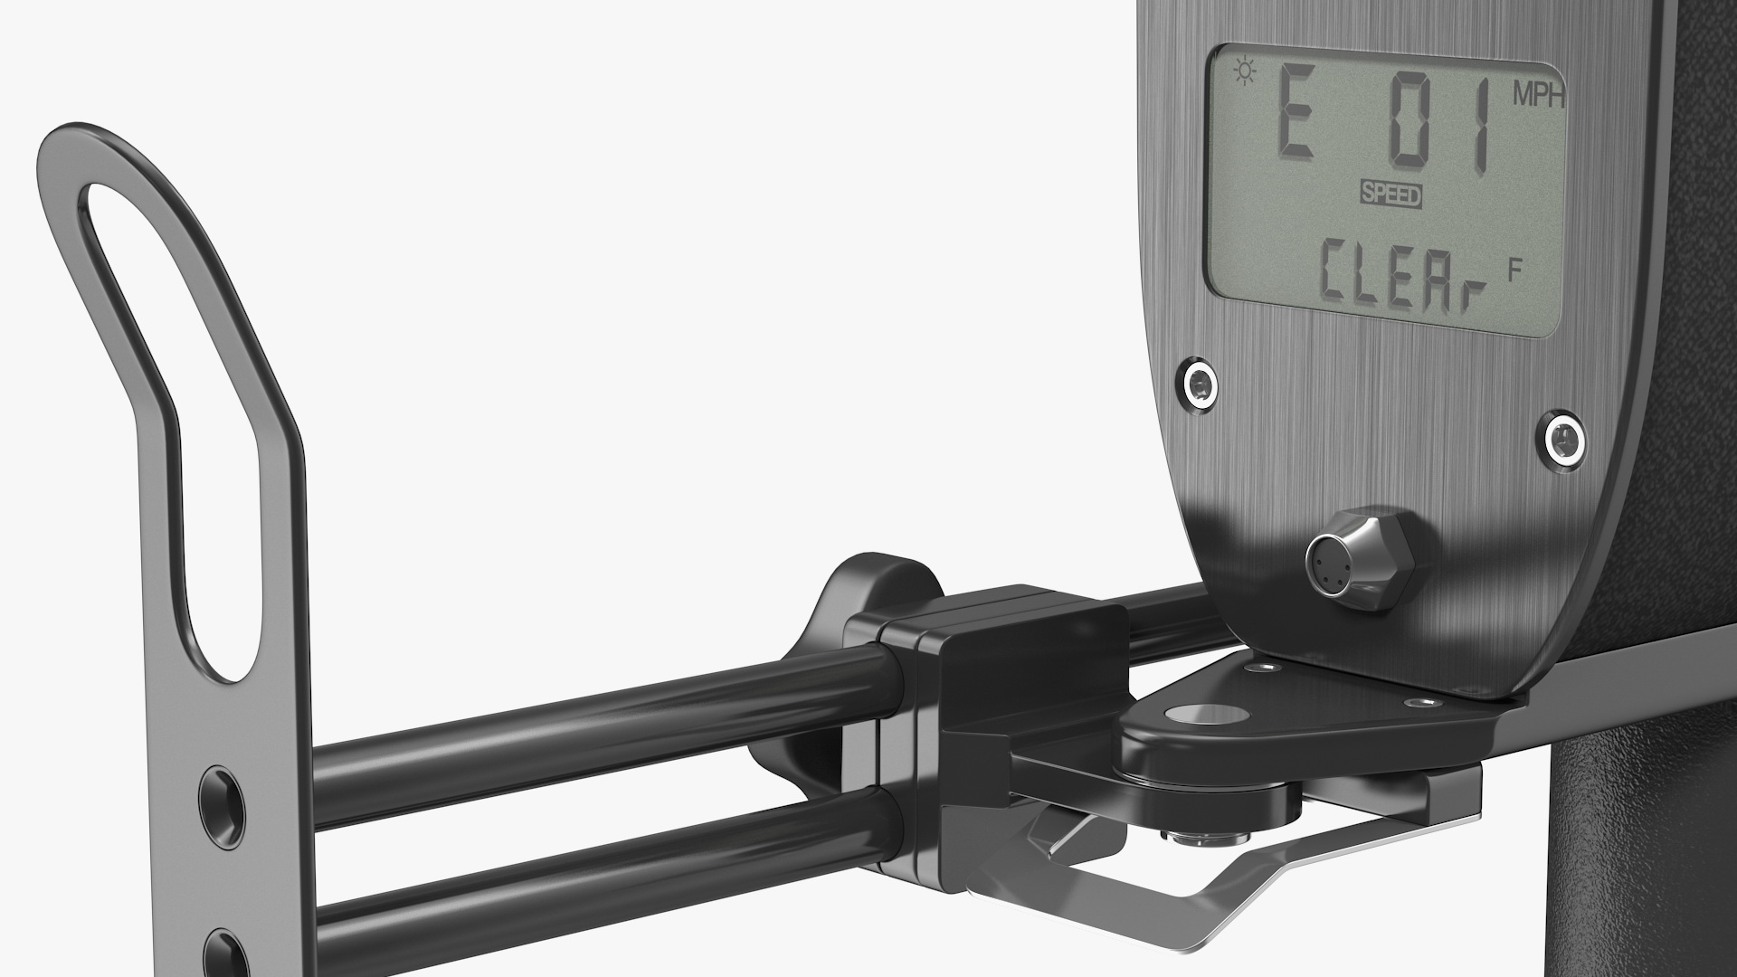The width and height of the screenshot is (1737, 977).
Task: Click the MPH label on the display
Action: point(1539,97)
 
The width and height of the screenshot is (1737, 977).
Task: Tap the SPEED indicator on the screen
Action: point(1391,195)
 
